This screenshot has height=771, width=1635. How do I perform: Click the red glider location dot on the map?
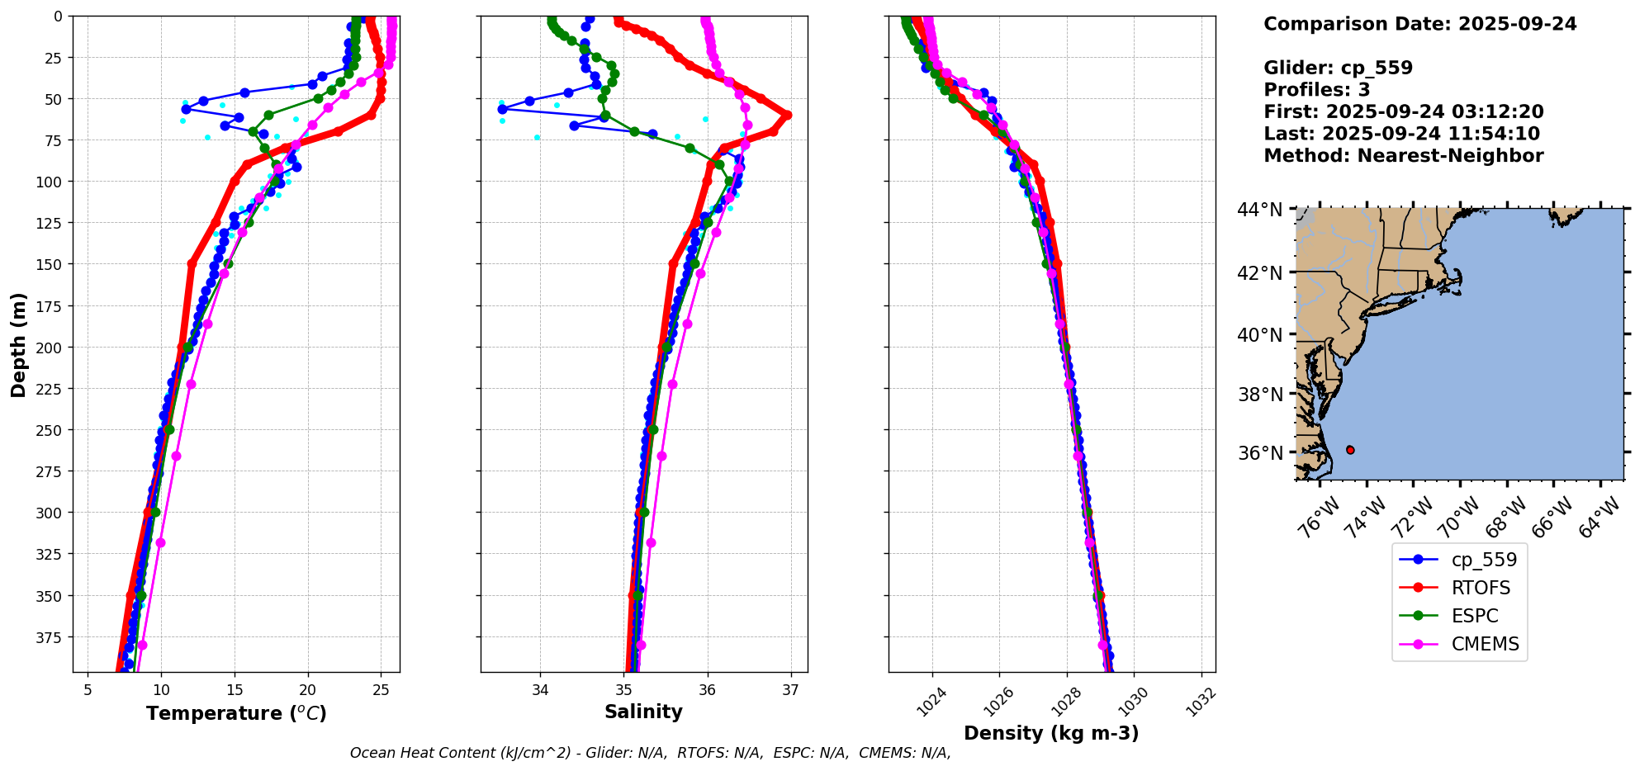click(x=1350, y=450)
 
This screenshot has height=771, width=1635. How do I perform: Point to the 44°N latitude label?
click(x=1259, y=210)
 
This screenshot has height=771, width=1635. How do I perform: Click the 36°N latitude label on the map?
click(x=1259, y=453)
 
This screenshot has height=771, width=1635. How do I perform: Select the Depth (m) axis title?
click(x=18, y=344)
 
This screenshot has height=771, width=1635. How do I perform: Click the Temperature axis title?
click(x=236, y=713)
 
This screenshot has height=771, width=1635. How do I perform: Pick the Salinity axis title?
click(x=643, y=712)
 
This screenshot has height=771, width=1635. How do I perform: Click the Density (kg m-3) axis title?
click(x=1051, y=733)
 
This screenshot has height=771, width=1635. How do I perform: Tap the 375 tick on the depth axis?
click(x=50, y=637)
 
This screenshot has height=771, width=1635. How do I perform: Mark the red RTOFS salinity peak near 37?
click(x=787, y=115)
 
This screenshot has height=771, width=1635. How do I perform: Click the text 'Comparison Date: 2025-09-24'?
click(x=1419, y=24)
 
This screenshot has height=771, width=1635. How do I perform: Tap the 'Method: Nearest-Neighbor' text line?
click(x=1403, y=156)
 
